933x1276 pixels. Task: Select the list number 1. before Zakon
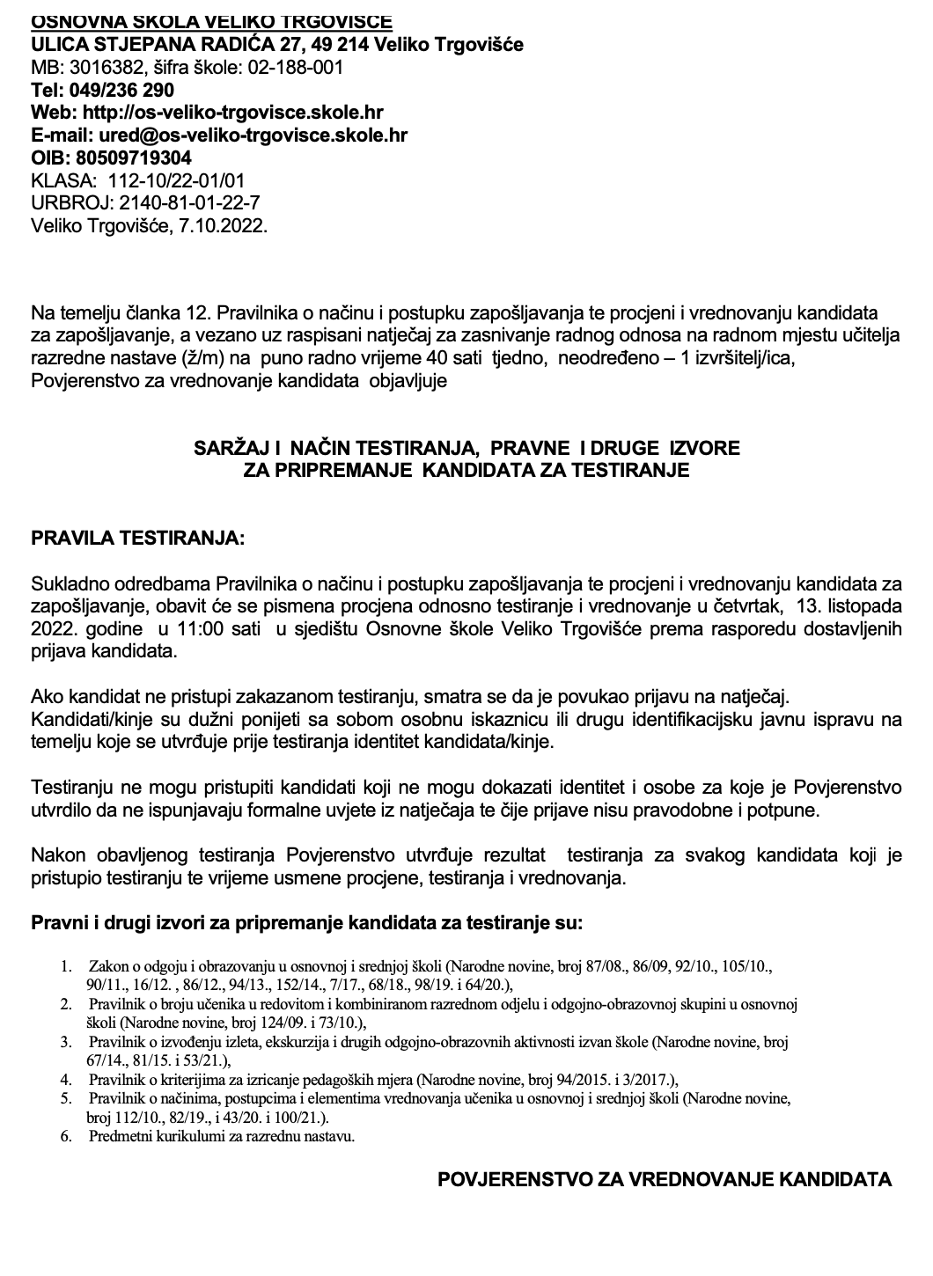[66, 966]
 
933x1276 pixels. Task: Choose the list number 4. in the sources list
[66, 1079]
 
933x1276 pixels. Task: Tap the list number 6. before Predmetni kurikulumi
[66, 1136]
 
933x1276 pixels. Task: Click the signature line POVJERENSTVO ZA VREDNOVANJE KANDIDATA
[665, 1180]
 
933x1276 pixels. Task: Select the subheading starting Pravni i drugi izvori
[306, 925]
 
